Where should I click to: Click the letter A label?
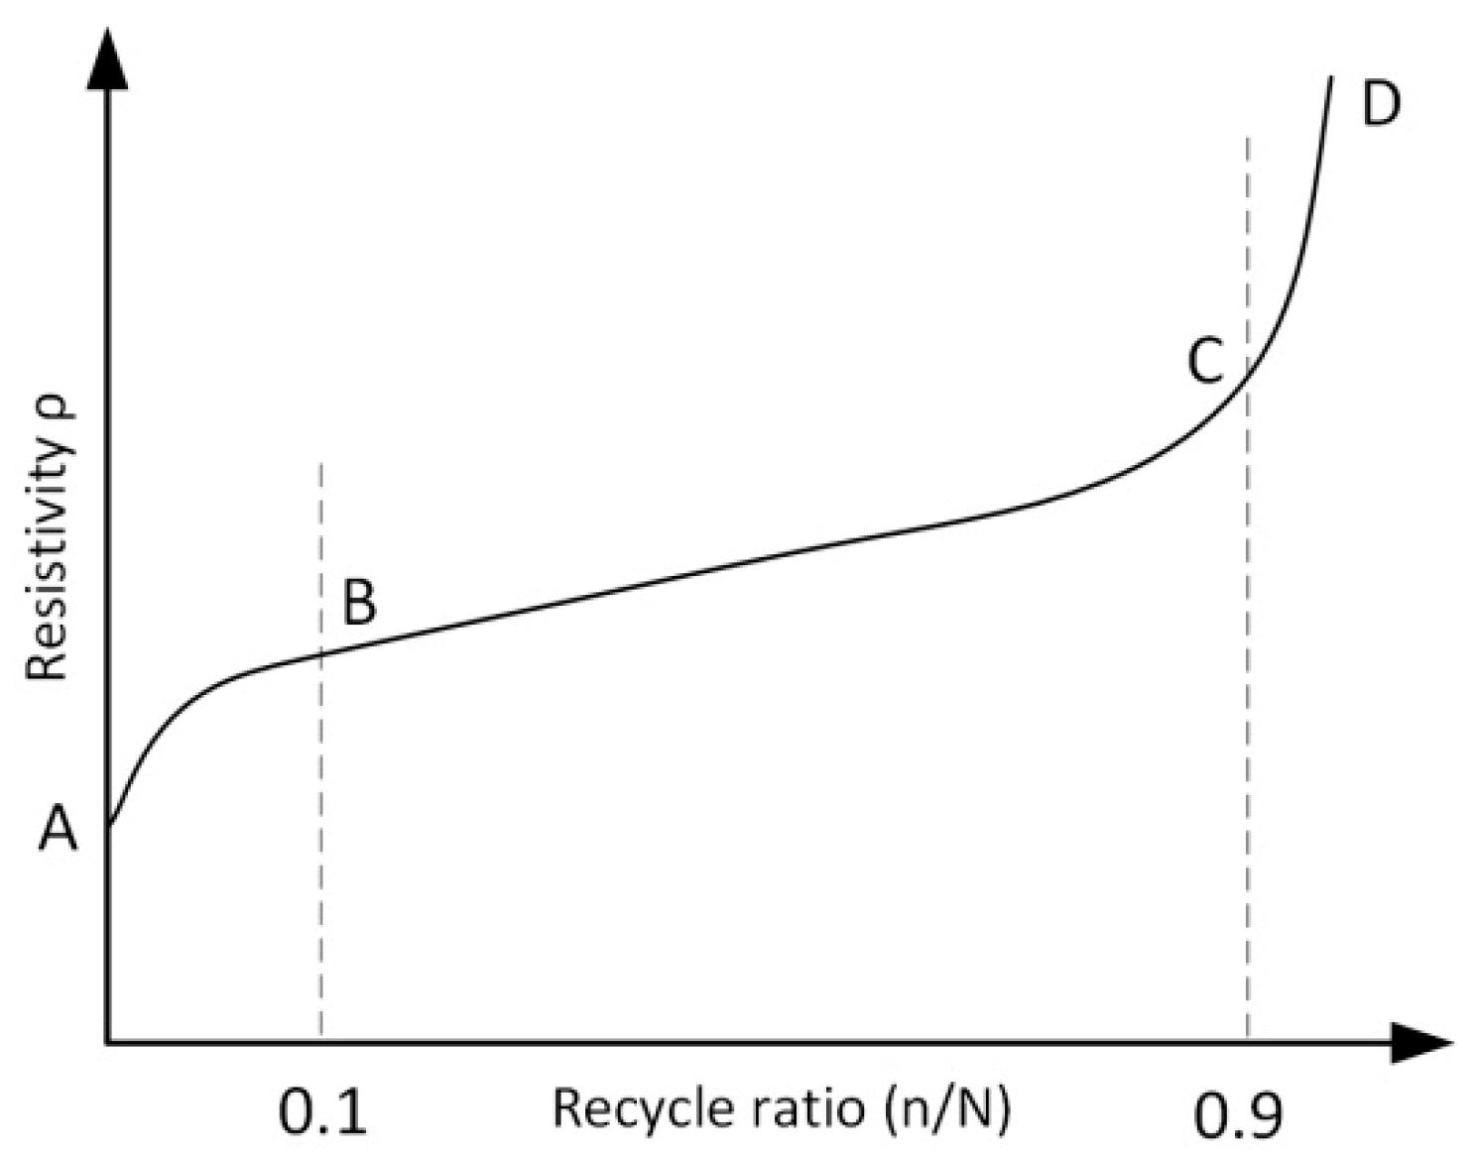58,828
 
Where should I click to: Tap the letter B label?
359,602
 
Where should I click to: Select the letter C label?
1205,361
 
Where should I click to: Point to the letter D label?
1380,103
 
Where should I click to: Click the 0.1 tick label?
323,1112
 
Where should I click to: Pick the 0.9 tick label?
1238,1114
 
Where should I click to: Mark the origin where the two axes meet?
107,1042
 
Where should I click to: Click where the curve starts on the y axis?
108,823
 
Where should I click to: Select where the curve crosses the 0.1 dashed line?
320,652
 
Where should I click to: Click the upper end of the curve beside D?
1330,77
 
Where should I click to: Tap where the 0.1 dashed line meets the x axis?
320,1042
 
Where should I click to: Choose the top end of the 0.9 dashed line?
1247,139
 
